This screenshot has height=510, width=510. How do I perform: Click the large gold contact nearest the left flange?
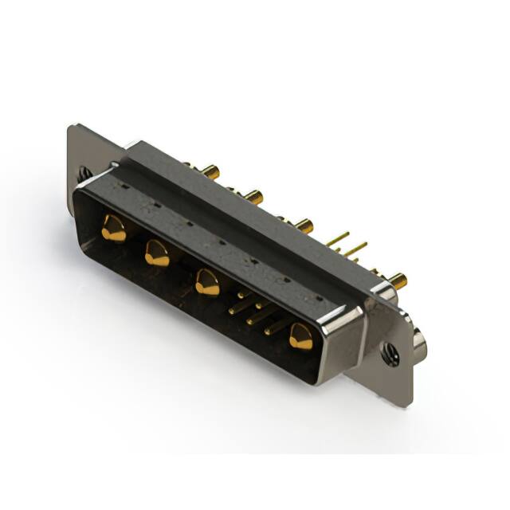[113, 229]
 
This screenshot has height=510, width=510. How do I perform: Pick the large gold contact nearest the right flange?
[300, 337]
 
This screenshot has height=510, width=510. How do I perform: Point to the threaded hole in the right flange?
[390, 354]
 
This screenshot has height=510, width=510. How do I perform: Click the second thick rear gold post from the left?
[253, 195]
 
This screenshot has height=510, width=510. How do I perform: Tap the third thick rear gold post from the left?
[304, 225]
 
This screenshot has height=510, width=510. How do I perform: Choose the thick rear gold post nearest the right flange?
[397, 280]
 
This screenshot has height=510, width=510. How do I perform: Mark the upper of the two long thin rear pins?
[338, 237]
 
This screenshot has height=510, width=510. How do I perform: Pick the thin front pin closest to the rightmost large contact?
[276, 325]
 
